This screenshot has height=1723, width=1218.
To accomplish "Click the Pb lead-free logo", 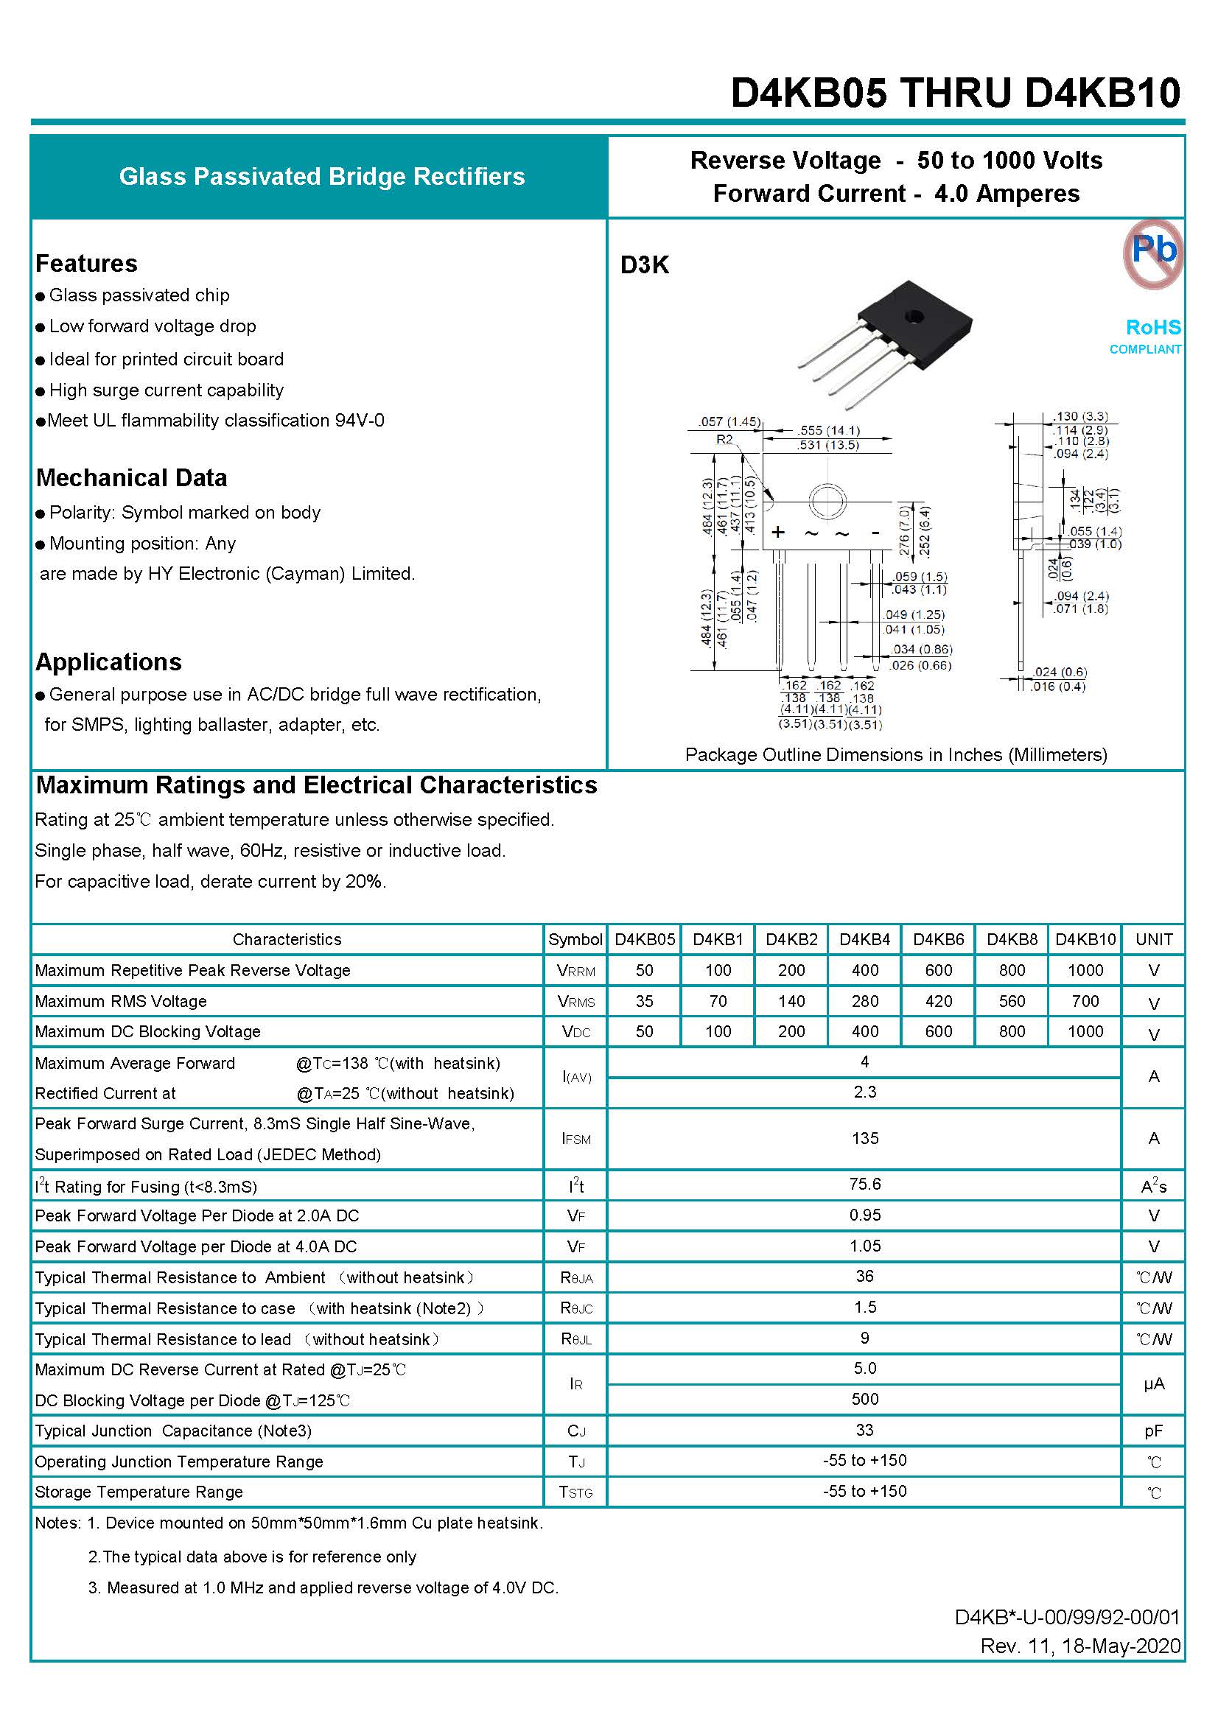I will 1152,253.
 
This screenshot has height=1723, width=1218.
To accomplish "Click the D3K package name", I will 644,265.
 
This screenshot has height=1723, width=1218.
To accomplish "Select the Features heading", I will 86,264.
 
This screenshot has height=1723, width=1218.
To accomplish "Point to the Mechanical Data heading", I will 131,478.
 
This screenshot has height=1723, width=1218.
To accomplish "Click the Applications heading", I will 108,662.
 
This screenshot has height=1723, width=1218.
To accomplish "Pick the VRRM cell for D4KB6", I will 938,970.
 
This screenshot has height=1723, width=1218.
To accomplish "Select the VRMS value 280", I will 864,1001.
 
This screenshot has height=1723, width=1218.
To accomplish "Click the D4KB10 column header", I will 1085,939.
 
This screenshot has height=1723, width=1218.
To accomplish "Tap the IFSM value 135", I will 864,1138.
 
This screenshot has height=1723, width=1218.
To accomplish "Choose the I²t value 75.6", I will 864,1185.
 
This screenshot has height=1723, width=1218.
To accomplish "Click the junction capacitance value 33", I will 864,1431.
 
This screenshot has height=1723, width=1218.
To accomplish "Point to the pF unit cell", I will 1153,1431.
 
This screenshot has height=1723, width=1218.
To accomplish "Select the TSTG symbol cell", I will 575,1492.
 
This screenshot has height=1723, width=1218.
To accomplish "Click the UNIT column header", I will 1153,939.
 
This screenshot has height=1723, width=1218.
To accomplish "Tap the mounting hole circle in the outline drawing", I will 827,499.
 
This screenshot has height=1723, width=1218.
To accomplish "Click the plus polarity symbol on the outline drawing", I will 778,532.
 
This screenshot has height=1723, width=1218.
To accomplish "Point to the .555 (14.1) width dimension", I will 828,430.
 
